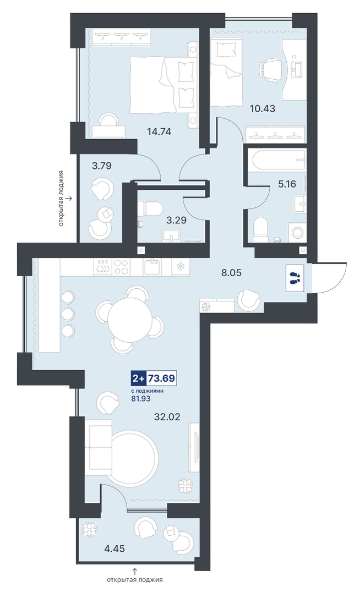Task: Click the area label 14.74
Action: click(x=159, y=131)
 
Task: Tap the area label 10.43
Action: click(x=263, y=109)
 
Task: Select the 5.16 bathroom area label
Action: click(x=287, y=184)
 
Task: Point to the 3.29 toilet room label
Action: click(x=176, y=219)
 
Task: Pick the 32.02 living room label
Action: click(x=167, y=417)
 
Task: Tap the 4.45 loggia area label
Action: click(x=115, y=548)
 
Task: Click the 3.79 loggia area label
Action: click(x=102, y=166)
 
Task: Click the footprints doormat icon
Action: click(x=294, y=278)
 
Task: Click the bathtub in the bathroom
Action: click(x=276, y=160)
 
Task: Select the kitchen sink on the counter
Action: click(x=152, y=267)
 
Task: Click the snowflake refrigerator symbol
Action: click(x=180, y=266)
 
